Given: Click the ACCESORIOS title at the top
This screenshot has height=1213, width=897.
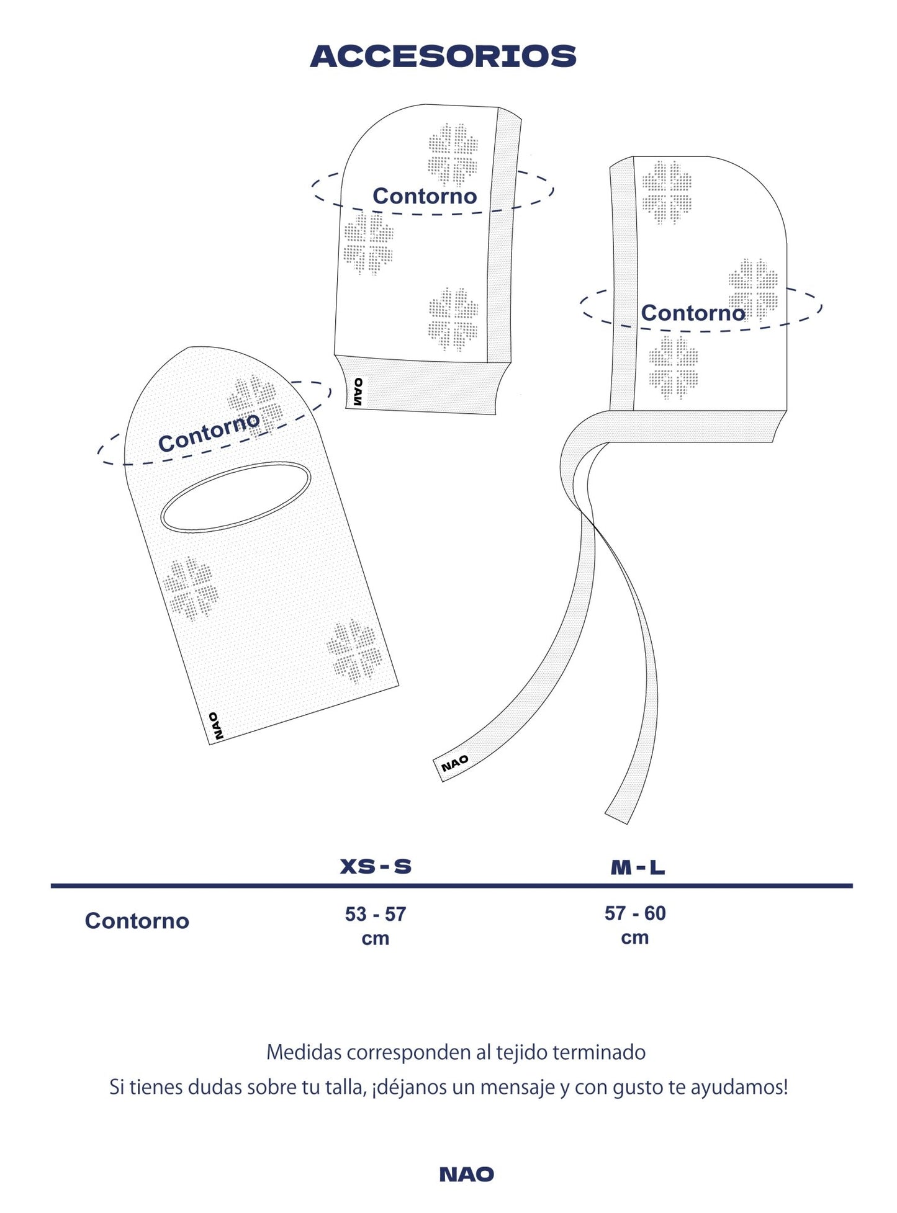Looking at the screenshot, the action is tap(443, 56).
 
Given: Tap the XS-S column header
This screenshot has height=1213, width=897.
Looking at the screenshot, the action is tap(376, 866).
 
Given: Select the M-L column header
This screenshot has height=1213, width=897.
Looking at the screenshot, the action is tap(638, 867).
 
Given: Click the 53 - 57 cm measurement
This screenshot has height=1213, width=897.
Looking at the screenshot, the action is tap(376, 926).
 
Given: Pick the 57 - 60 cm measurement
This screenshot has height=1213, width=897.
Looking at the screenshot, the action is tap(635, 924).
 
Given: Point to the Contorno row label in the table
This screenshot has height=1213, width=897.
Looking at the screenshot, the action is tap(137, 921).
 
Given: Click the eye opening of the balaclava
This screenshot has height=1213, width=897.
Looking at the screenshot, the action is tap(236, 497).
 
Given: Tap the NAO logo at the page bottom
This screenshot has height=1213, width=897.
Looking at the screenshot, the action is tap(467, 1174).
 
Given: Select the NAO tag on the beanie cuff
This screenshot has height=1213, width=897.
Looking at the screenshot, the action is tap(358, 392).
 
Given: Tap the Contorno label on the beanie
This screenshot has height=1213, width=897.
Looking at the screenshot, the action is tap(425, 196).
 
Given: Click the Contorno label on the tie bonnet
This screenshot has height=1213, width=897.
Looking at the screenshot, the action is tap(693, 313).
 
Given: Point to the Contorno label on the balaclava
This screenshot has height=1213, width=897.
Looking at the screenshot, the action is tap(209, 432).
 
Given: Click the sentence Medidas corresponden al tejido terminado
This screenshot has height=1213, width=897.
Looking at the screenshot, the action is tap(456, 1052).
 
